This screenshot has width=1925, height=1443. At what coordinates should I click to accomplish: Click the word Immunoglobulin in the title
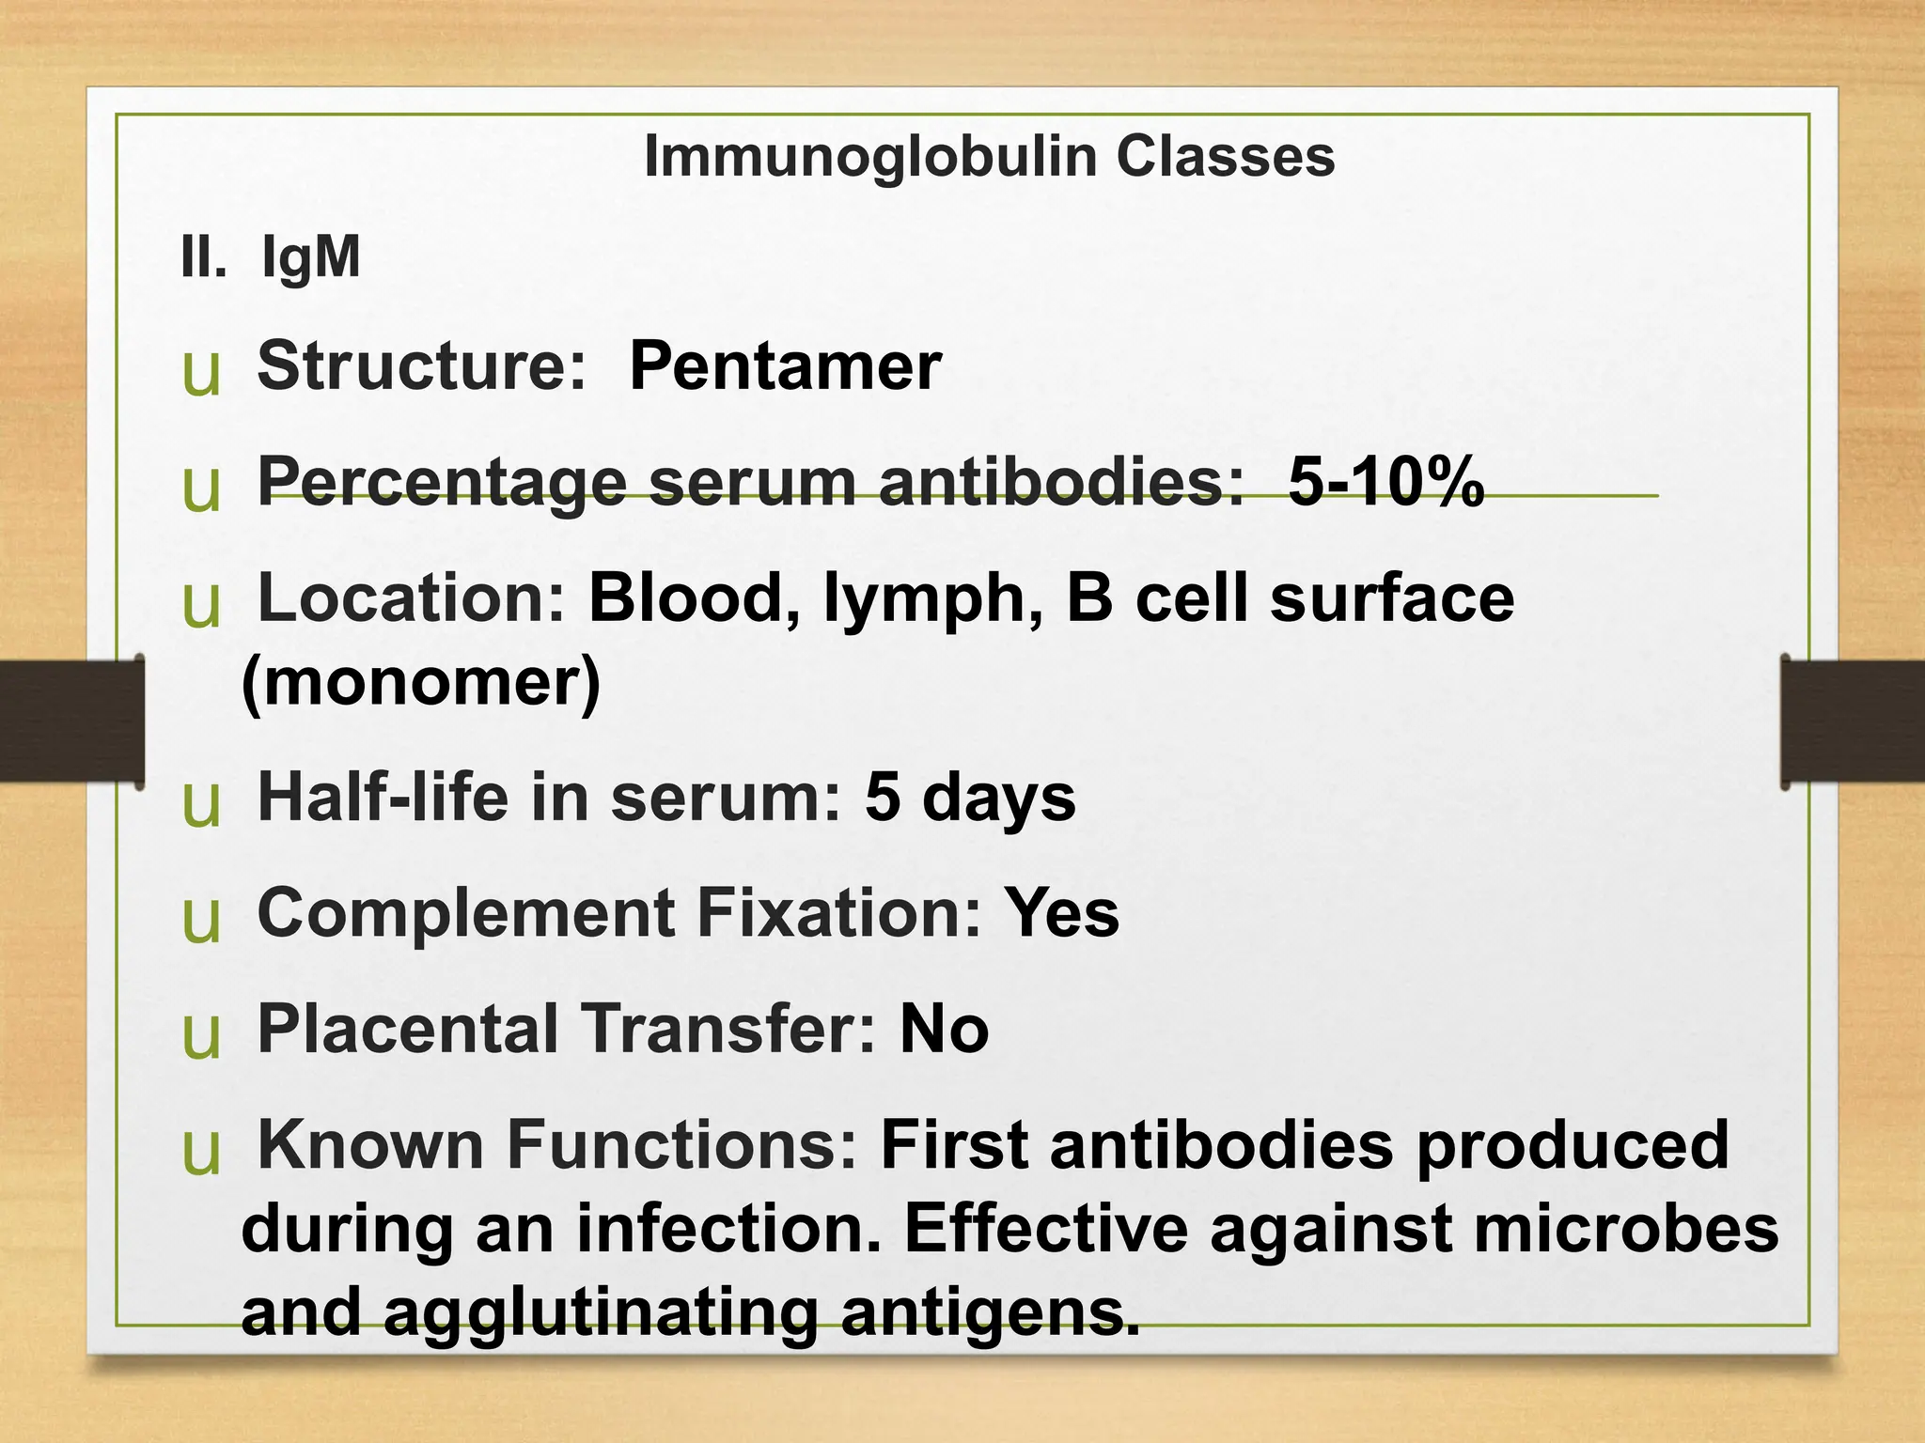(x=870, y=157)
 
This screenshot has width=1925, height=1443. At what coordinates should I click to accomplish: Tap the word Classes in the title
(x=1226, y=157)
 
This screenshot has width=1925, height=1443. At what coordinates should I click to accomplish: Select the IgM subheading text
(x=310, y=256)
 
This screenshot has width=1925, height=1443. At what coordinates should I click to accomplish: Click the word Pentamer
(x=785, y=366)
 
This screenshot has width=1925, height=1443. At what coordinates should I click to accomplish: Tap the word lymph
(x=924, y=598)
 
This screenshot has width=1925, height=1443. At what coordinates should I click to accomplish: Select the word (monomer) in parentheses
(x=420, y=682)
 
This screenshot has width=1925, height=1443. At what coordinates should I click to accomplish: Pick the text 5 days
(x=970, y=798)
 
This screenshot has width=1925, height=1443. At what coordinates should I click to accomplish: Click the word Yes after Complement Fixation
(x=1061, y=913)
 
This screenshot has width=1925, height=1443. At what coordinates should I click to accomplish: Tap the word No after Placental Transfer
(x=944, y=1029)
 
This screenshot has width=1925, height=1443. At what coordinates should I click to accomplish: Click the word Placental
(x=409, y=1029)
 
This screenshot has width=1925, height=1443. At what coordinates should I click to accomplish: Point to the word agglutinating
(x=601, y=1312)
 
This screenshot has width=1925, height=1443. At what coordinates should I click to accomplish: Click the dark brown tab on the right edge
(x=1853, y=721)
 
